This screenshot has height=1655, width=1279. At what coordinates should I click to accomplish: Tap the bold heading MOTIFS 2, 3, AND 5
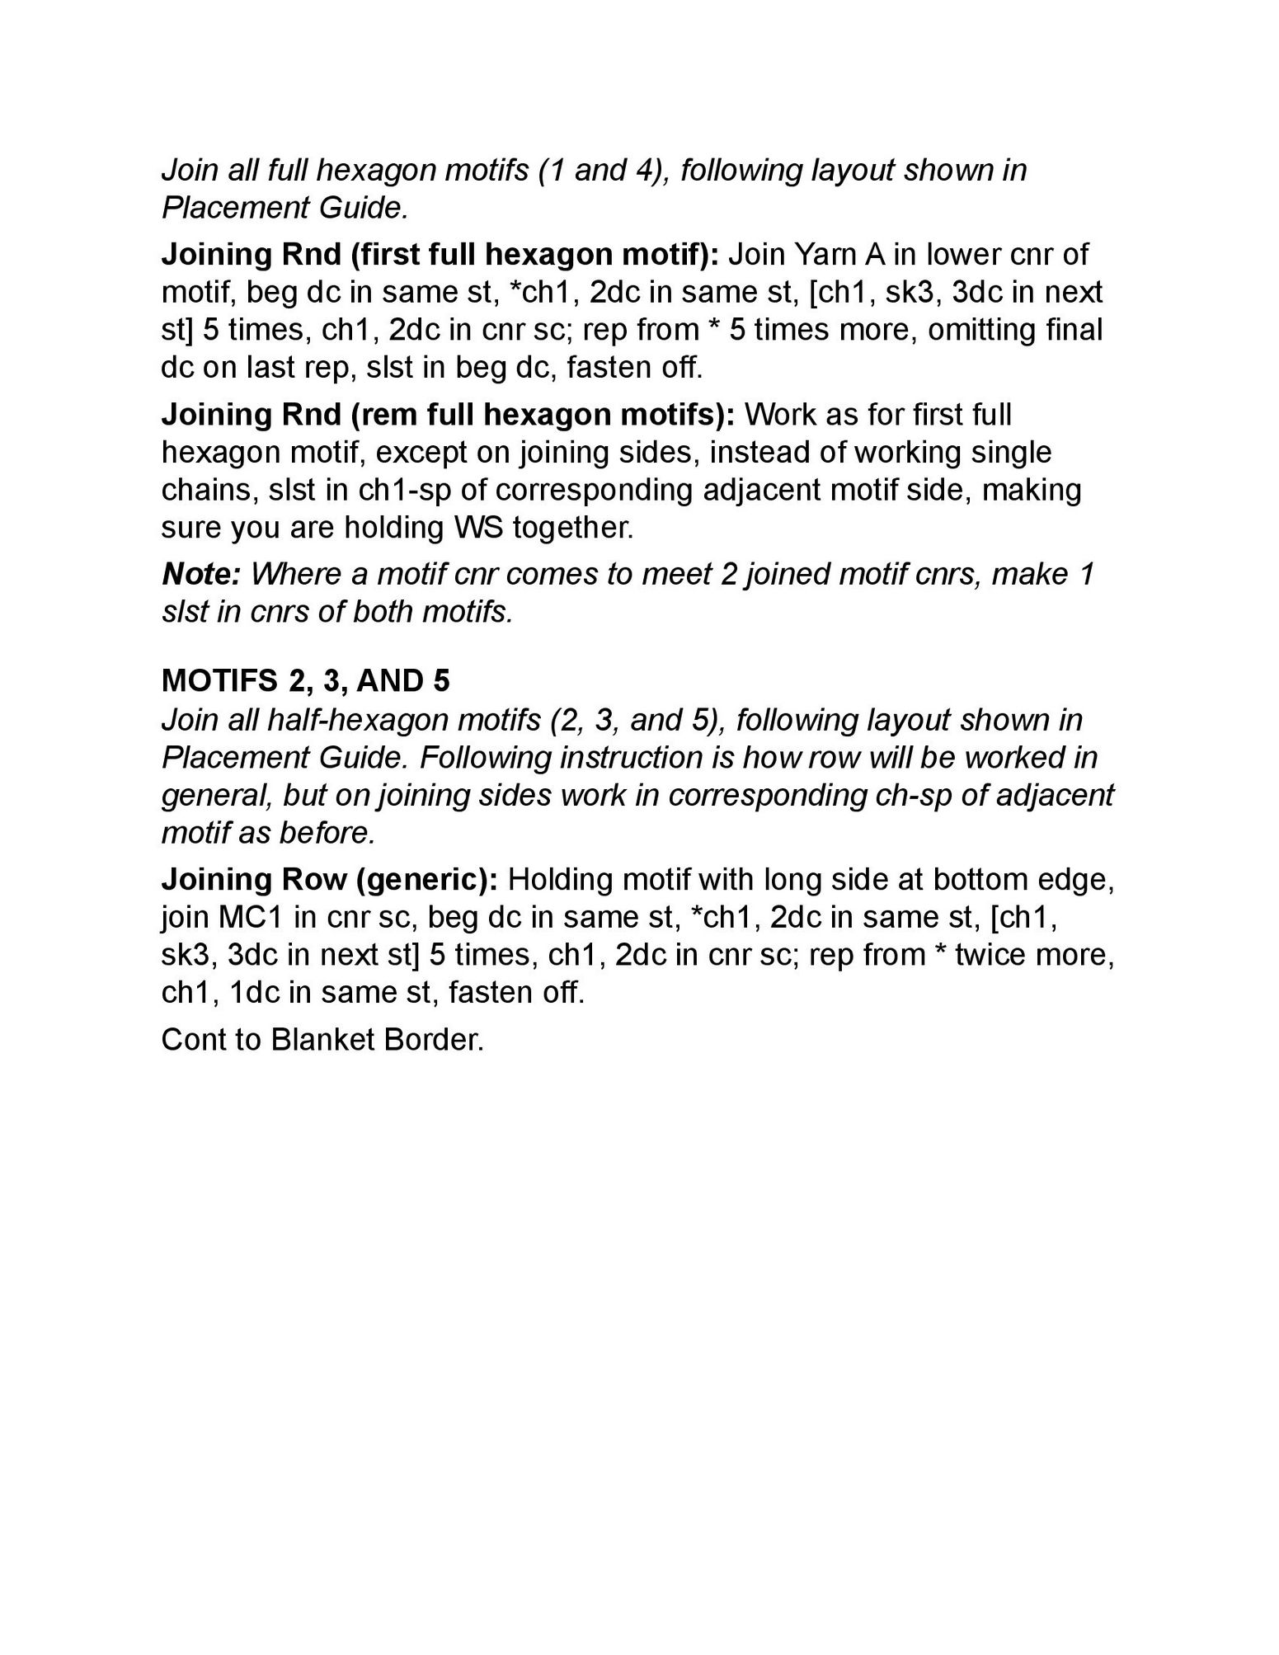point(306,681)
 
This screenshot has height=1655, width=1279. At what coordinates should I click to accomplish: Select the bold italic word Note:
point(200,574)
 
